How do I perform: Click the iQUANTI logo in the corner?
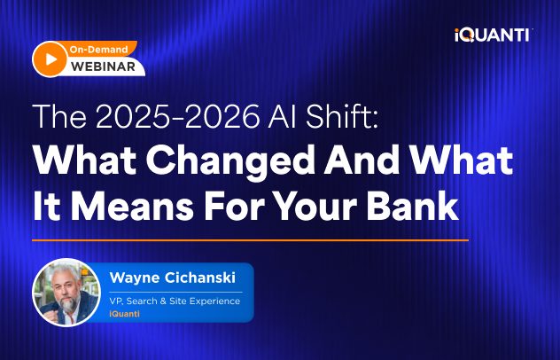point(493,35)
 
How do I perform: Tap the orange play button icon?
point(50,59)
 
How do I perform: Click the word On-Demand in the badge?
point(98,50)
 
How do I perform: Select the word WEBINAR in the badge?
point(103,67)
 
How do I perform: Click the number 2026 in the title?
point(222,116)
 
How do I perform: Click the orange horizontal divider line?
point(250,240)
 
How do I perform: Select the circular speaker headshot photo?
point(66,293)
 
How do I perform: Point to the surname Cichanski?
point(200,278)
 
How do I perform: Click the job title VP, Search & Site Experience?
point(175,301)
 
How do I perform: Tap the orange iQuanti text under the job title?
point(124,314)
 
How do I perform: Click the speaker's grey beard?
point(69,304)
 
